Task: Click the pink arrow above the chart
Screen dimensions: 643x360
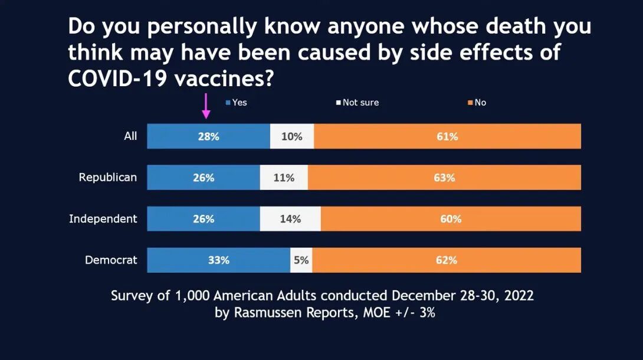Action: (206, 106)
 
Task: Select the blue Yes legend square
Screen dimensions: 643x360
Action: (228, 103)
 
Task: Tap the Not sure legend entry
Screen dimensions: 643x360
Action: (357, 103)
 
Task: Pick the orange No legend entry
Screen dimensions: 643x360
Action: (477, 103)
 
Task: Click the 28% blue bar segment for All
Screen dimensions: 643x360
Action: (208, 136)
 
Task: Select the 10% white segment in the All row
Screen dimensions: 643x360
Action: (292, 136)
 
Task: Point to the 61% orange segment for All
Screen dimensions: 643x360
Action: (447, 136)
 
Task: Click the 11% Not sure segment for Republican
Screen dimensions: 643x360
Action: (284, 178)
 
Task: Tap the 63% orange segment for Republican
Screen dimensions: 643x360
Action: (445, 178)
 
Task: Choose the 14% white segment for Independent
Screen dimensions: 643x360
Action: (290, 218)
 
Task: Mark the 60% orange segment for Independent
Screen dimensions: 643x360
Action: (451, 218)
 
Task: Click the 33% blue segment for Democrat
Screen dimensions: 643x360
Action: (219, 260)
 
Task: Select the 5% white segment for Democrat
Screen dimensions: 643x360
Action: (301, 260)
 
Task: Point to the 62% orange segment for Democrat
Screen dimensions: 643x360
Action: (447, 260)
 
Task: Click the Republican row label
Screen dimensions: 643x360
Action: (108, 178)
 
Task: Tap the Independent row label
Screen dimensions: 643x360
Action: (103, 219)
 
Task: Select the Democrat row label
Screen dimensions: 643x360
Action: (111, 260)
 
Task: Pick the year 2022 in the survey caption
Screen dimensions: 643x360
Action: (519, 296)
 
